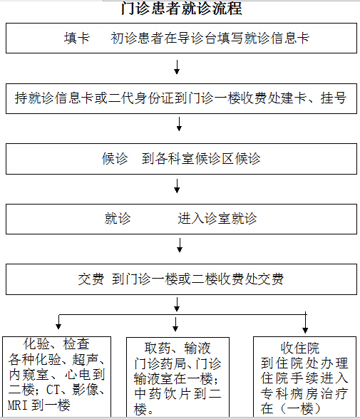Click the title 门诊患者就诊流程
[x=182, y=9]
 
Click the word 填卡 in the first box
[x=77, y=38]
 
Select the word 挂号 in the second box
[x=334, y=98]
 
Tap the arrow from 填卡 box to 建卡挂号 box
[x=177, y=67]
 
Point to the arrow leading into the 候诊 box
[x=180, y=124]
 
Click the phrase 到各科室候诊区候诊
[x=201, y=159]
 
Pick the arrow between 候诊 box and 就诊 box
[x=177, y=186]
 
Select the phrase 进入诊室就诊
[x=217, y=219]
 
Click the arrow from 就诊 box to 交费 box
[x=180, y=245]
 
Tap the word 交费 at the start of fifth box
[x=91, y=279]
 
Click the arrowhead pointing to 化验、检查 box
[x=58, y=326]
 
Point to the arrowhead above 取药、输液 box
[x=175, y=328]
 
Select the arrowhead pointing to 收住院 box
[x=305, y=331]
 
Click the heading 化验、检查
[x=56, y=344]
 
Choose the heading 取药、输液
[x=178, y=348]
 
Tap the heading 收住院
[x=300, y=348]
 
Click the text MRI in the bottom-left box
[x=18, y=405]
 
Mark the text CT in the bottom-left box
[x=53, y=390]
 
